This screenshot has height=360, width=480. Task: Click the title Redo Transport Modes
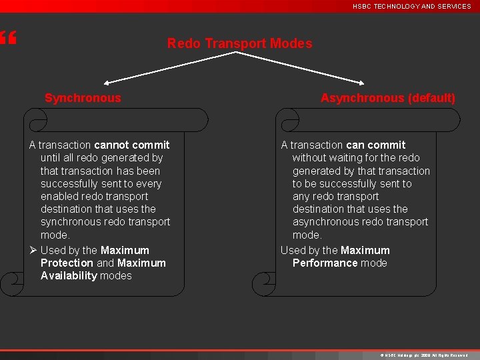pos(239,44)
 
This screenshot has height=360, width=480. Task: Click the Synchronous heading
pos(83,98)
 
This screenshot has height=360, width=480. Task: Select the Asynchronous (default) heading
pos(388,98)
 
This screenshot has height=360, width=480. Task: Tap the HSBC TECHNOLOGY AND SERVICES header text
pos(411,6)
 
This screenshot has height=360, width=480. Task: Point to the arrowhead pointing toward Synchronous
pos(107,83)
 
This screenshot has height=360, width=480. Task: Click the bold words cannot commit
pos(132,145)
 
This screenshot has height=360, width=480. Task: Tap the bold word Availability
pos(69,275)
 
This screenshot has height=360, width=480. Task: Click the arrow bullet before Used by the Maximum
pos(33,250)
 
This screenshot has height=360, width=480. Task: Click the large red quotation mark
pos(7,39)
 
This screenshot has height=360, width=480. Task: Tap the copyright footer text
pos(423,355)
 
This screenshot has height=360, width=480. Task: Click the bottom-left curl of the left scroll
pos(9,285)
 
